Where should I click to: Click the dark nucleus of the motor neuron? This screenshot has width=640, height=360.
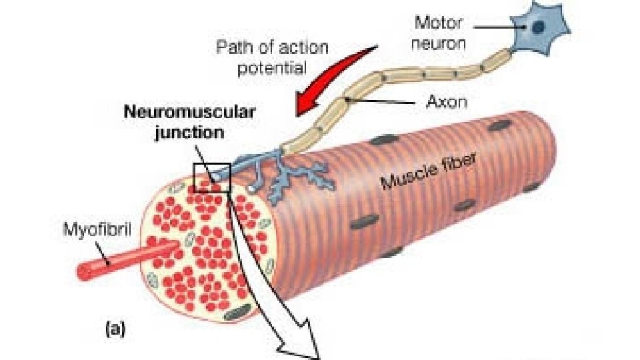click(538, 27)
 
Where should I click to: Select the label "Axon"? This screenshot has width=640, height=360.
click(446, 103)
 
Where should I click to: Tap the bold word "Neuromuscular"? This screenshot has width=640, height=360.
click(189, 113)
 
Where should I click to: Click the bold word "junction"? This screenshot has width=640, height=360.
click(189, 132)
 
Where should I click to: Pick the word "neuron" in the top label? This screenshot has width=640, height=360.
click(441, 44)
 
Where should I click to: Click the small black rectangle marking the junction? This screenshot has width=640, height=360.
click(211, 177)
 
